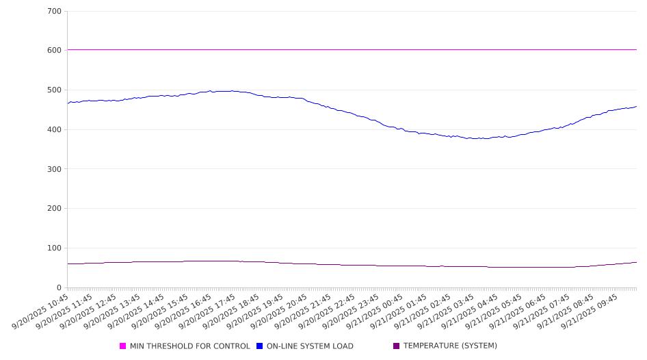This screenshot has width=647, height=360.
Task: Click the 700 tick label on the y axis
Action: [x=54, y=11]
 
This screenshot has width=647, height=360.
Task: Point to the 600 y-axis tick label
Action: [x=54, y=51]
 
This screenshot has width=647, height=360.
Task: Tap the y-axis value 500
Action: [x=54, y=90]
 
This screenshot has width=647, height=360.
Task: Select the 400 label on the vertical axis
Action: [x=54, y=129]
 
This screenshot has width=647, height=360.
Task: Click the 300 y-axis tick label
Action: [x=54, y=169]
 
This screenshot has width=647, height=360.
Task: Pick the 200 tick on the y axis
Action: [x=54, y=209]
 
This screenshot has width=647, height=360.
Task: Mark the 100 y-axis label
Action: [x=54, y=248]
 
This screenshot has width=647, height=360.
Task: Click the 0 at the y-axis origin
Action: [x=59, y=287]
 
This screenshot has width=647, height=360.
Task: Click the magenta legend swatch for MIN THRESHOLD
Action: [x=123, y=346]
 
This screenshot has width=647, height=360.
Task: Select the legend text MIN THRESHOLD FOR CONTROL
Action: [x=189, y=346]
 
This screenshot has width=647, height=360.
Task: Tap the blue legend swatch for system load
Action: [x=260, y=346]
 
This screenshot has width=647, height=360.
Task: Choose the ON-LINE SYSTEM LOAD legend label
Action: [x=310, y=346]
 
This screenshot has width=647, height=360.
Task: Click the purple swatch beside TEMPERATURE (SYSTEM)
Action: [x=397, y=346]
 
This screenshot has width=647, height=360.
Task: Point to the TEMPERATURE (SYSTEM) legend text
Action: [x=450, y=346]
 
